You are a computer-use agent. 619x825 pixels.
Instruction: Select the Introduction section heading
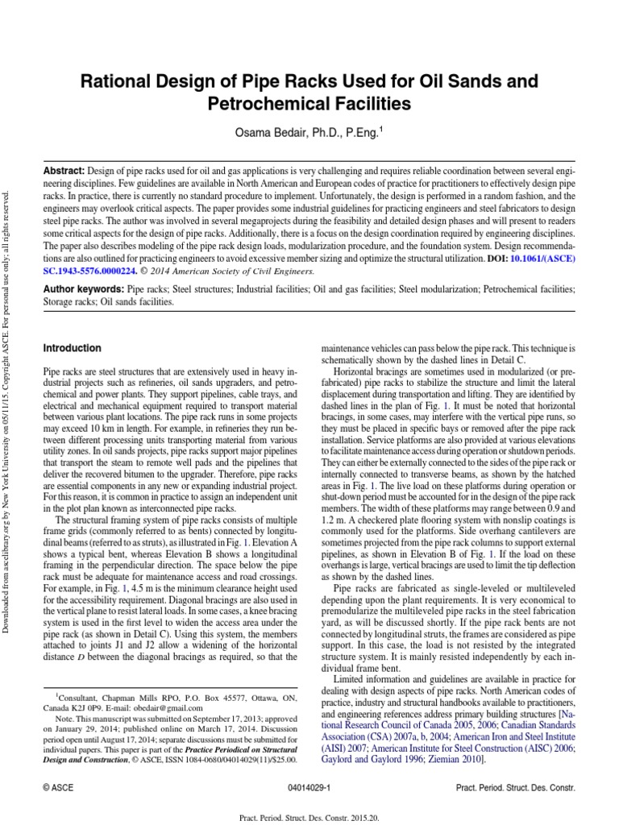(72, 348)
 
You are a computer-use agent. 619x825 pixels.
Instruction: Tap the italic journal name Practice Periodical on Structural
(222, 749)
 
